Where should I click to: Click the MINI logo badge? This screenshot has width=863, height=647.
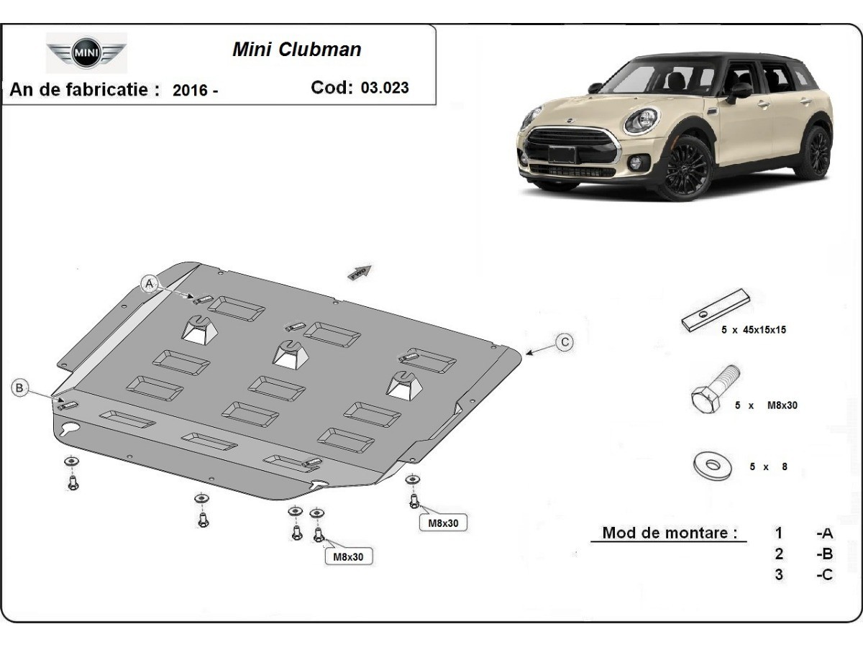86,52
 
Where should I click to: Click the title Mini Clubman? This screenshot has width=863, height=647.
296,50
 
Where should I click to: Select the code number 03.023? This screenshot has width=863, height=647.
385,88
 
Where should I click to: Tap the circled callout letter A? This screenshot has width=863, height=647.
150,284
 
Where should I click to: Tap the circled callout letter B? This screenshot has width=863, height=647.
19,388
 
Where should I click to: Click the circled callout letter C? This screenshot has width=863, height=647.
565,342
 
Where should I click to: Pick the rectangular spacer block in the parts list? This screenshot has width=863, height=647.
716,311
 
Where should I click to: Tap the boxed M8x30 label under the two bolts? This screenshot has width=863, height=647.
348,556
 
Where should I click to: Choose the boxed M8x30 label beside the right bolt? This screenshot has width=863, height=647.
443,523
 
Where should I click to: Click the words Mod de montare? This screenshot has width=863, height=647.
669,533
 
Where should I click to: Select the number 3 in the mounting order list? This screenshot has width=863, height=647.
779,574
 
